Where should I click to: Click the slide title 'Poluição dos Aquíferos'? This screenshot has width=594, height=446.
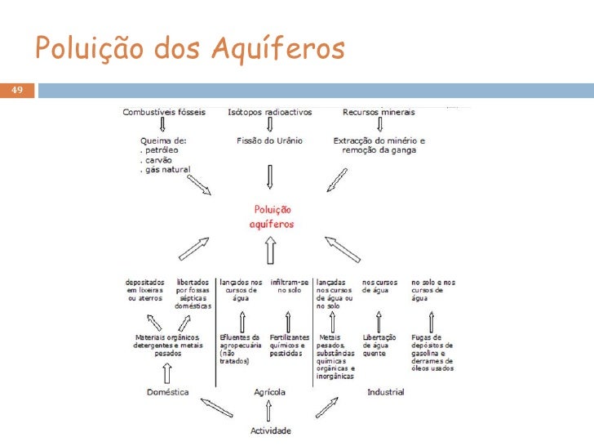click(x=190, y=51)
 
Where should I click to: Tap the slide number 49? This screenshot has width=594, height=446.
click(x=16, y=89)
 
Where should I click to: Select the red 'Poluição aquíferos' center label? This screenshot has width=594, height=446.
click(x=272, y=216)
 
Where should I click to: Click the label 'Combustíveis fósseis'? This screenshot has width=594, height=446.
click(x=163, y=112)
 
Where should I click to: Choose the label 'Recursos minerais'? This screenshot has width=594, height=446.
click(x=379, y=112)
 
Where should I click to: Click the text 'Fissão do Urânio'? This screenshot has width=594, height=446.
click(x=269, y=140)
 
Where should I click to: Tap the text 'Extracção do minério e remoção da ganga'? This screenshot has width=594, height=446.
click(x=379, y=145)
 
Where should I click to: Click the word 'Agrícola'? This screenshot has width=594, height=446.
click(x=269, y=392)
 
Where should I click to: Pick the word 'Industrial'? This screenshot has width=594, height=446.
click(x=385, y=392)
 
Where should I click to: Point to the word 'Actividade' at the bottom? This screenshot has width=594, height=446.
click(x=269, y=430)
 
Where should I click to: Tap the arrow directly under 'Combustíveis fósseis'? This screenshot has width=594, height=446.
click(x=163, y=125)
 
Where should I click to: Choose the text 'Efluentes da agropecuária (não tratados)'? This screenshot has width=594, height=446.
click(x=239, y=349)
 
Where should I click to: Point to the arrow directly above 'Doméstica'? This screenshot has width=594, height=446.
click(x=167, y=372)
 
